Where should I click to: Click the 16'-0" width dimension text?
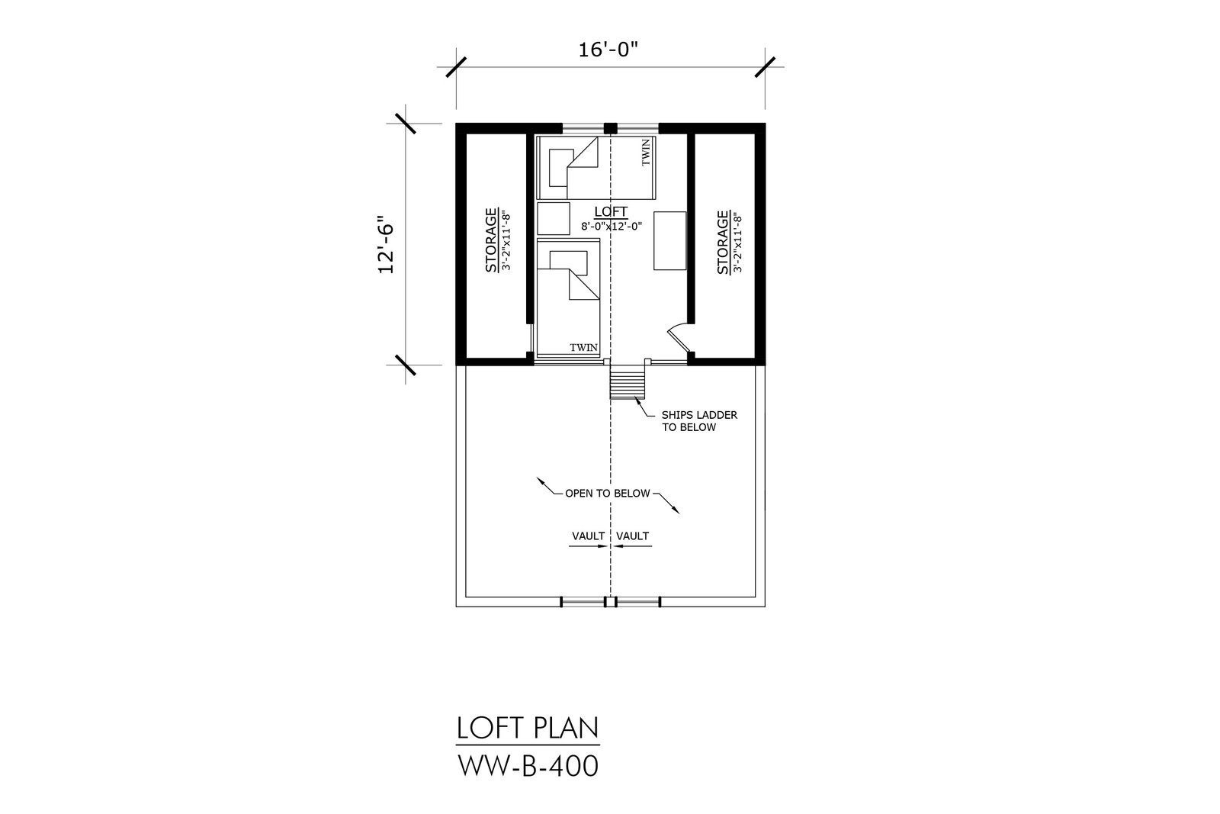pos(608,50)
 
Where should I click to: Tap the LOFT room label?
pos(611,211)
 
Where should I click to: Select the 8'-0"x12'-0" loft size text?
pos(612,226)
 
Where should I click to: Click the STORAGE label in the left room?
pos(491,240)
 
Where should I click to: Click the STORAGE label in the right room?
pos(723,243)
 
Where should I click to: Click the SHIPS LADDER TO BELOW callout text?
pos(699,421)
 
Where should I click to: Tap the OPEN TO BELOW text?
pos(607,494)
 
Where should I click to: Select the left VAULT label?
pos(588,536)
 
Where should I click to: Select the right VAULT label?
pos(632,536)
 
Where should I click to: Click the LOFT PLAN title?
pos(527,728)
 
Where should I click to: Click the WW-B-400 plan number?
pos(528,766)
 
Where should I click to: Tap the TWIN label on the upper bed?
pos(646,153)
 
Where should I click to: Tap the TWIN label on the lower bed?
pos(584,348)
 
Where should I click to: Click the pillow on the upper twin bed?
pos(558,168)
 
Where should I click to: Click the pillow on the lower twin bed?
pos(569,262)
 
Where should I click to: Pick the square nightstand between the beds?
pos(554,218)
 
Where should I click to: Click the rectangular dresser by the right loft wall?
pos(670,241)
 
